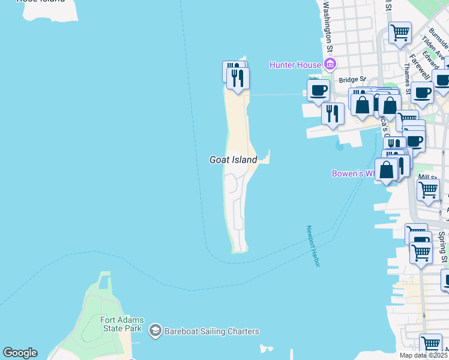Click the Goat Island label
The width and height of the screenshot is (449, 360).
pos(233,160)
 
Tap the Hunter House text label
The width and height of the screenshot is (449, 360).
pos(295,64)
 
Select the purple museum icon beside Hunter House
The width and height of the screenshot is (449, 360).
pos(328,64)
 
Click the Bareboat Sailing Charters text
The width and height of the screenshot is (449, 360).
pos(213,331)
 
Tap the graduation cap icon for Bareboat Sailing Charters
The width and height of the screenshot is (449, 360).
pos(155,331)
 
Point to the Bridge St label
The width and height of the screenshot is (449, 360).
pos(352,79)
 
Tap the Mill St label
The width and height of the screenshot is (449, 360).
pos(427,178)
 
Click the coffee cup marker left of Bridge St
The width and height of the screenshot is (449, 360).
pos(318,91)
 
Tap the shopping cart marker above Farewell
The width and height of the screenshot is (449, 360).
pos(400,32)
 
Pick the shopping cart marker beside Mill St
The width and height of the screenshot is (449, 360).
pos(428,190)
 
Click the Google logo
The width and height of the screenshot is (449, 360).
pos(20,353)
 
